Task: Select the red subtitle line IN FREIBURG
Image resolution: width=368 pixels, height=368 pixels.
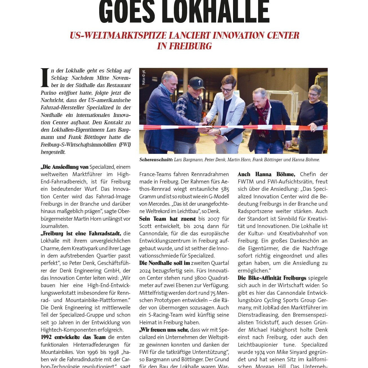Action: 184,46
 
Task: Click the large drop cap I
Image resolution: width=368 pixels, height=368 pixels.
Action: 45,77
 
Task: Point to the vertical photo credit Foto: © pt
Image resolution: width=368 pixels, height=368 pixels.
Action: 144,77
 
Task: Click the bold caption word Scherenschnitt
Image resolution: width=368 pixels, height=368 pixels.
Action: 156,160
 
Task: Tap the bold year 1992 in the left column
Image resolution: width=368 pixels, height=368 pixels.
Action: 46,337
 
